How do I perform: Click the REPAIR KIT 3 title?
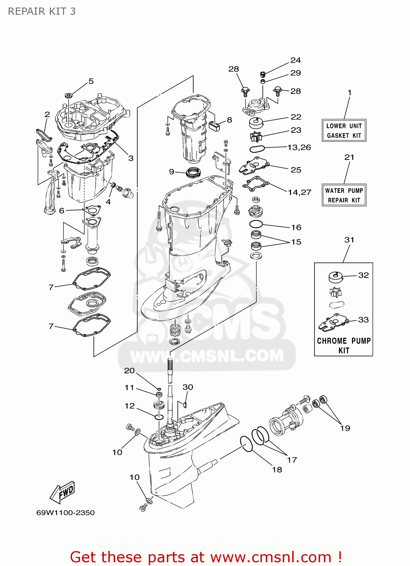coord(42,11)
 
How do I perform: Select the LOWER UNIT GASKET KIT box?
coord(344,131)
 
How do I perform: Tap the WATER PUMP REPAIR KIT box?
coord(344,195)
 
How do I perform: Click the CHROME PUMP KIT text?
coord(344,345)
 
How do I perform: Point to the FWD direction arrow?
coord(63,492)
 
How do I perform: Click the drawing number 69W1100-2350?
coord(65,513)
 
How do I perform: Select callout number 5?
coord(91,81)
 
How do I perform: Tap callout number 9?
coord(171,172)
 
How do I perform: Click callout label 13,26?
coord(299,147)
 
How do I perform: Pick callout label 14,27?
coord(299,192)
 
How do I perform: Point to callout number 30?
coord(188,387)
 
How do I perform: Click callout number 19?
coord(345,428)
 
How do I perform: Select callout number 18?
coord(277,469)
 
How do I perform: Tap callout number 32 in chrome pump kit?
coord(363,275)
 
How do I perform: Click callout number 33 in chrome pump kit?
coord(363,320)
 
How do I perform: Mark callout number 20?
coord(129,371)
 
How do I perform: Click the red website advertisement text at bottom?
coord(206,557)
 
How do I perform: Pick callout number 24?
coord(296,60)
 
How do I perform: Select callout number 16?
coord(296,227)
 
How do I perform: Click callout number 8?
coord(230,120)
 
